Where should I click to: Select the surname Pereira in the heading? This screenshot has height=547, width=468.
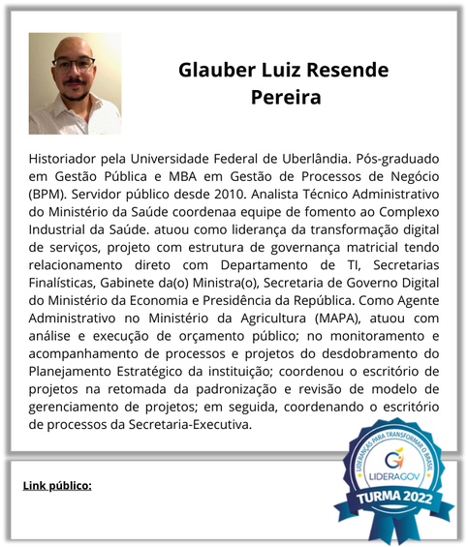pos(286,98)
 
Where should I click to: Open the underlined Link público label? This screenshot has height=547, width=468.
pos(57,484)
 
